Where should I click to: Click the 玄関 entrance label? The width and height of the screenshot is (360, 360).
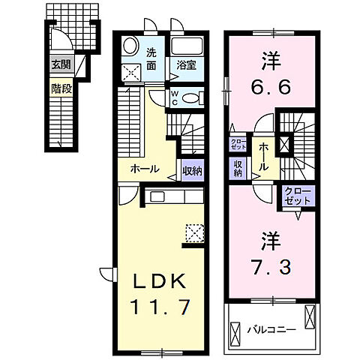click(x=60, y=65)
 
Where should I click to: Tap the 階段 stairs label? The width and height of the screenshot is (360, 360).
click(x=60, y=87)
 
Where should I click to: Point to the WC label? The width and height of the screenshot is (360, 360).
click(x=174, y=97)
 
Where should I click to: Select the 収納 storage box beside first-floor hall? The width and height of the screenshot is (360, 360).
click(x=192, y=170)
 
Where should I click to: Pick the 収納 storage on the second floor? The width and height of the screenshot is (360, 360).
click(x=238, y=168)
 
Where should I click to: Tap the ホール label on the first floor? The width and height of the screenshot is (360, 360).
click(x=144, y=169)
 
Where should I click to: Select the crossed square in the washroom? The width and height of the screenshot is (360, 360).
click(x=132, y=73)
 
